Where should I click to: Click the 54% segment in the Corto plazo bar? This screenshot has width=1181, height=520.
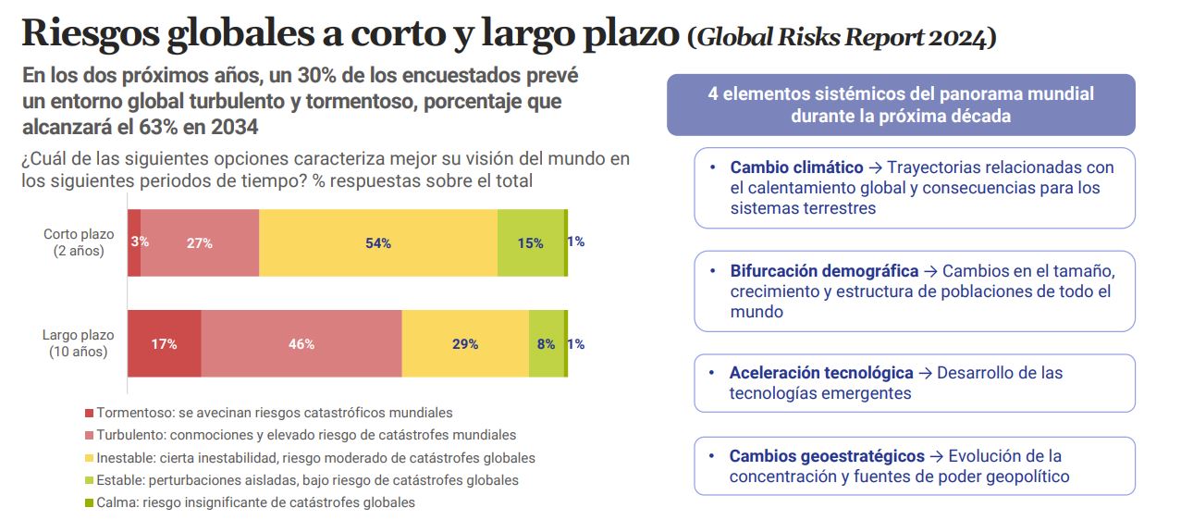378,242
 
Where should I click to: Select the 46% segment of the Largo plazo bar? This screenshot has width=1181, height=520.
301,343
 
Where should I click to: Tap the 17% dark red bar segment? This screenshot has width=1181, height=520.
164,343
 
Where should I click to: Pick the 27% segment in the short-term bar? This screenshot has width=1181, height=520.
200,242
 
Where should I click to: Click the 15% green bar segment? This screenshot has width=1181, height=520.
531,242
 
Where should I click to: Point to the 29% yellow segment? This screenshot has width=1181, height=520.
465,343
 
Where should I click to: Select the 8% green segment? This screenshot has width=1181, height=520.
547,343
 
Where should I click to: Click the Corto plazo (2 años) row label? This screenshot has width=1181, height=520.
79,242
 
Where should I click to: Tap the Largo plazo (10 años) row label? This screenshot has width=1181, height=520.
79,343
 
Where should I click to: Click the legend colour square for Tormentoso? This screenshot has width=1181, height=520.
90,414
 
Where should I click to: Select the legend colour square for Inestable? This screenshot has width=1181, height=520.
90,458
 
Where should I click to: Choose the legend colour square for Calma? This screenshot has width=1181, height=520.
90,503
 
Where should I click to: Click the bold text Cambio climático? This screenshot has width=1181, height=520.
796,167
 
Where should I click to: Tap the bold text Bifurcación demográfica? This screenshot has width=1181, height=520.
824,271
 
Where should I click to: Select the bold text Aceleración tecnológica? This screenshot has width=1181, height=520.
821,373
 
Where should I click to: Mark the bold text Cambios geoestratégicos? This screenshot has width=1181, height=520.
827,456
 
